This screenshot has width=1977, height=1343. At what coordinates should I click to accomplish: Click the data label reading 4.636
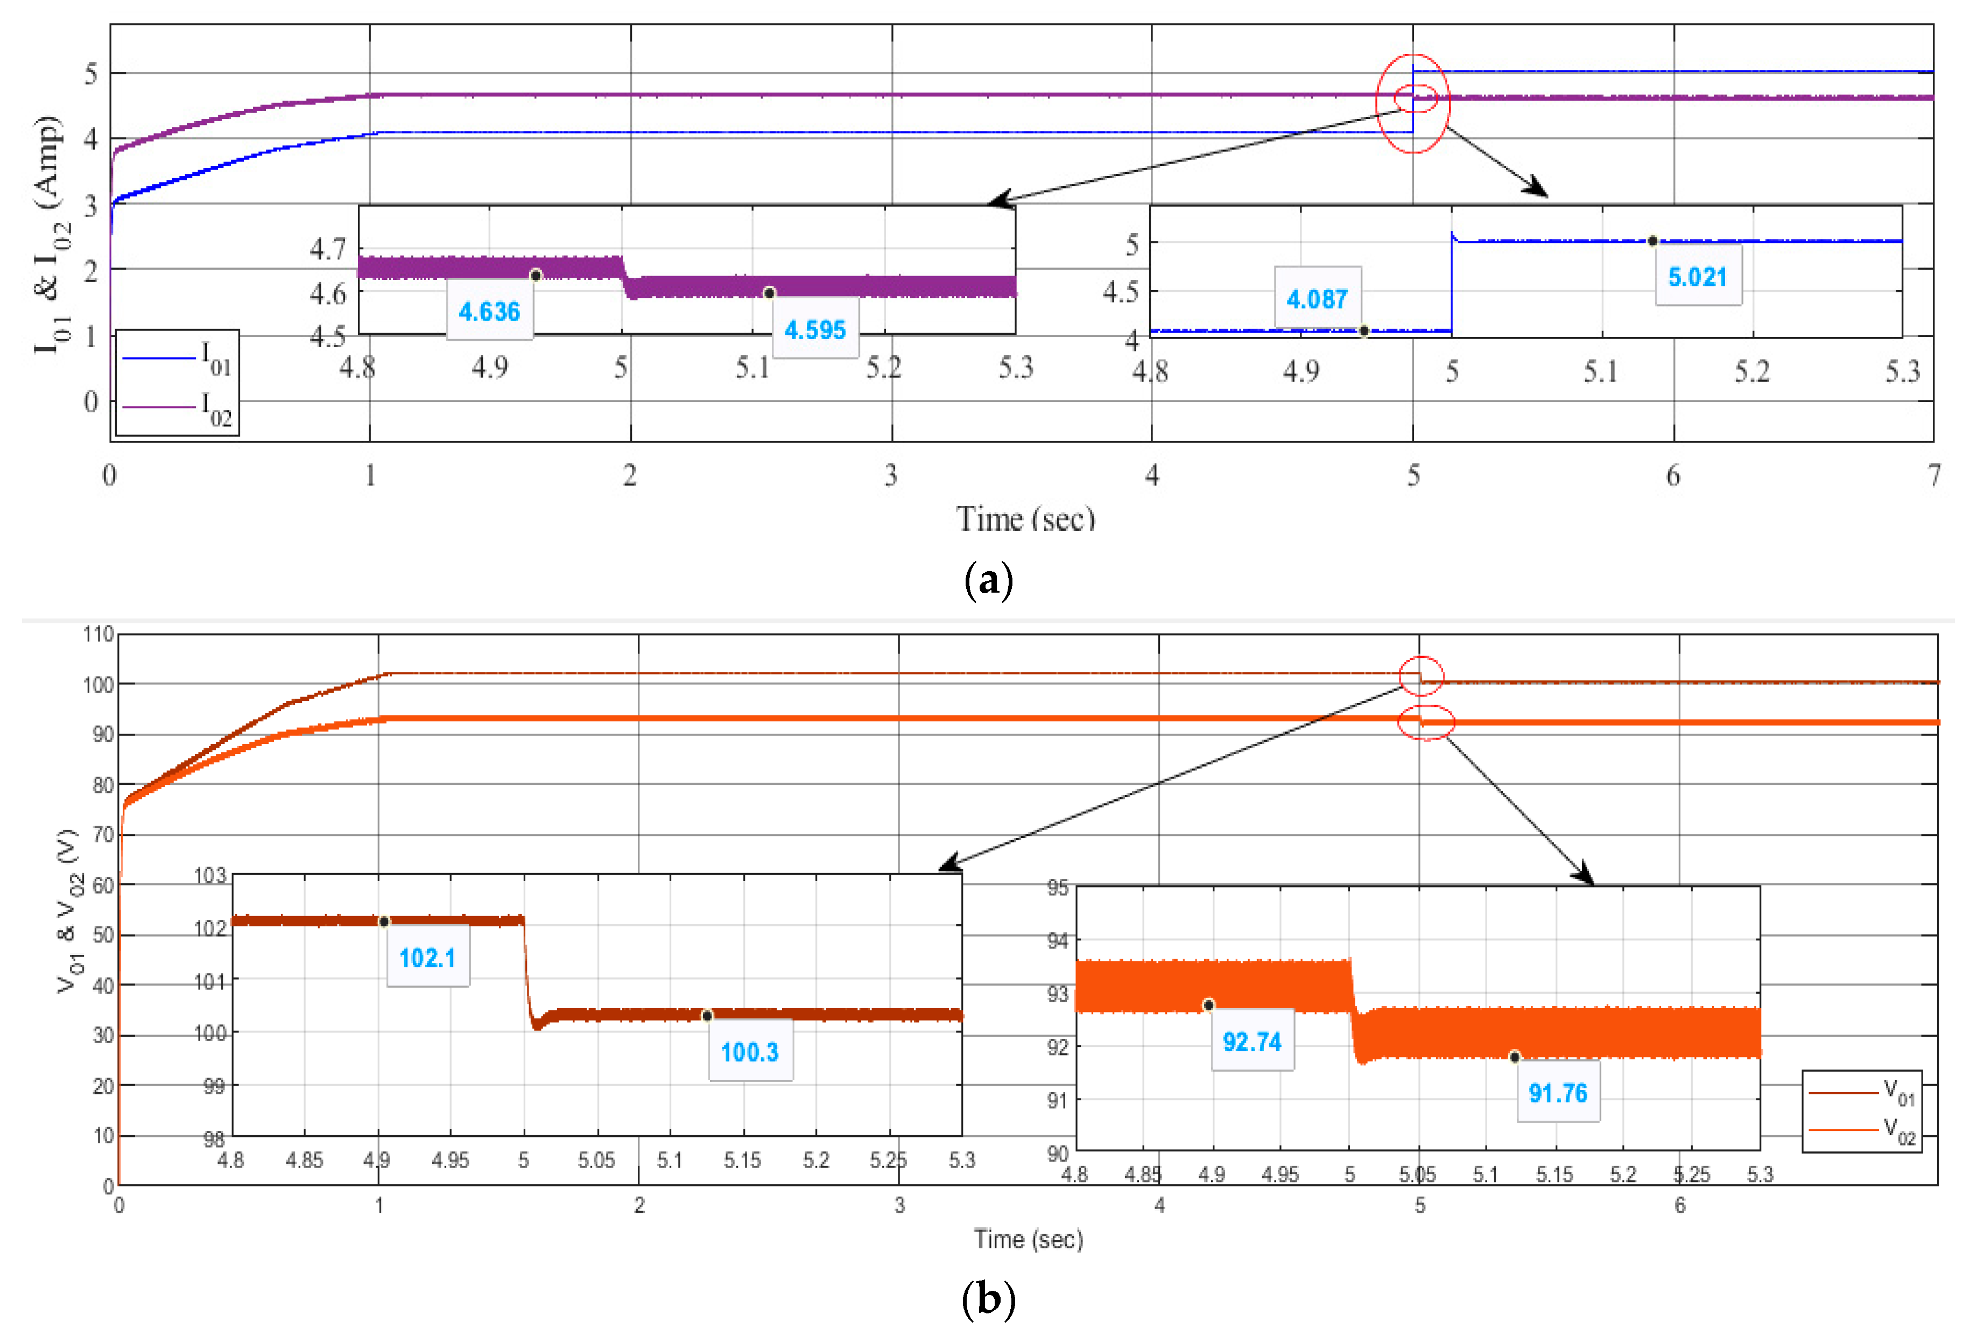(489, 311)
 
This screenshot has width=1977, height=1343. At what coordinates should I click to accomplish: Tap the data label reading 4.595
(814, 330)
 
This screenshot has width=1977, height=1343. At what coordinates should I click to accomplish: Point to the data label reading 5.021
(1697, 277)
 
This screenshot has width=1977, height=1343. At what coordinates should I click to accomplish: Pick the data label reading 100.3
(749, 1052)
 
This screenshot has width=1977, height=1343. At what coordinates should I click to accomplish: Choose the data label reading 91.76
(1558, 1093)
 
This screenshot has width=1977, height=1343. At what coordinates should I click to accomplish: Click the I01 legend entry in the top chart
(177, 358)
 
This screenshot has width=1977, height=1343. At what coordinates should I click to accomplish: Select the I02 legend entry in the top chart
(177, 408)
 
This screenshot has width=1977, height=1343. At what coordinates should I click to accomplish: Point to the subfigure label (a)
(988, 581)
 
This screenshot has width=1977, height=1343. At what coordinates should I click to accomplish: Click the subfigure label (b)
(988, 1299)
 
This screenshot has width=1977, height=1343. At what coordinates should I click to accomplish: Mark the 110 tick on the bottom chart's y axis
(99, 635)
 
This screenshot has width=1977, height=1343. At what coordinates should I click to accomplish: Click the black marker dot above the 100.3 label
(707, 1016)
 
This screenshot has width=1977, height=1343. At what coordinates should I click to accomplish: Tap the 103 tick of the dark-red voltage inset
(210, 875)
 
